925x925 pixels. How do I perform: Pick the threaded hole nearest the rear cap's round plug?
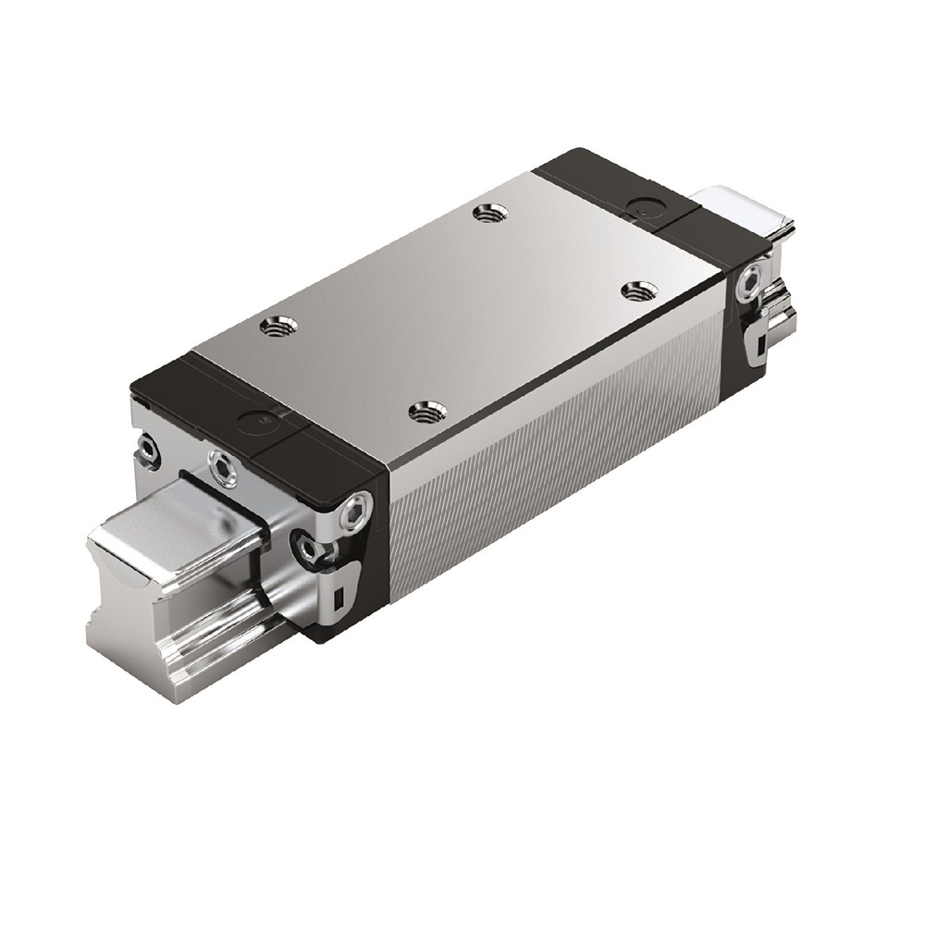pos(635,290)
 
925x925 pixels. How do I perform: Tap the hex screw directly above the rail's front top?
pos(222,470)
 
